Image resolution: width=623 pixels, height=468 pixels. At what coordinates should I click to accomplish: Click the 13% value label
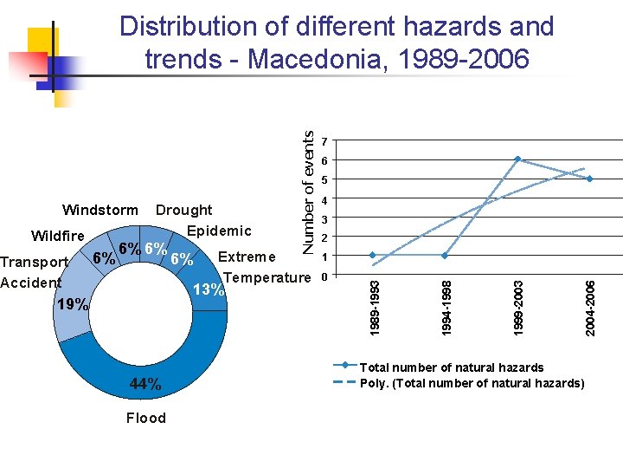(x=208, y=289)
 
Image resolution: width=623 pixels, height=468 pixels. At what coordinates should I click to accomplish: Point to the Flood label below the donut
(x=145, y=419)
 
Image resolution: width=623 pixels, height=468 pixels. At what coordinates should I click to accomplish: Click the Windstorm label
(x=100, y=210)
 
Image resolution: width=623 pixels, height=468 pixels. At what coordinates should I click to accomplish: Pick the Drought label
(x=183, y=210)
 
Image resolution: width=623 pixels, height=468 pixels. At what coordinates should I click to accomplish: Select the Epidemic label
(x=219, y=231)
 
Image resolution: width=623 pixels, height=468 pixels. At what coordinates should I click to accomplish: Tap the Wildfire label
(x=58, y=236)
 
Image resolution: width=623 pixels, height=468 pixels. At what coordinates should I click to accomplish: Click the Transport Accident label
(x=33, y=272)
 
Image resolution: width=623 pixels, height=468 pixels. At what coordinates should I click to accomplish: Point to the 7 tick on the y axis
(x=323, y=141)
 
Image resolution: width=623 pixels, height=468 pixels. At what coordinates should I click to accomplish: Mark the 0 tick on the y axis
(x=323, y=276)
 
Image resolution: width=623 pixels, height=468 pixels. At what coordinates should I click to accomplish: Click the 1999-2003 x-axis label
(x=517, y=304)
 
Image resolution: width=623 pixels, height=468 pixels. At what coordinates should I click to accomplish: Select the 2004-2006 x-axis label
(x=589, y=304)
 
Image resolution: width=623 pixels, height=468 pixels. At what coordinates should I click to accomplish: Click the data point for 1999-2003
(x=517, y=159)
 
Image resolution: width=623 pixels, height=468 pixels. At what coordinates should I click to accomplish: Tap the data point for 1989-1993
(x=372, y=256)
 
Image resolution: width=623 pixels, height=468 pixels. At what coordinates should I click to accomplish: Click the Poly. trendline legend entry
(x=472, y=383)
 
